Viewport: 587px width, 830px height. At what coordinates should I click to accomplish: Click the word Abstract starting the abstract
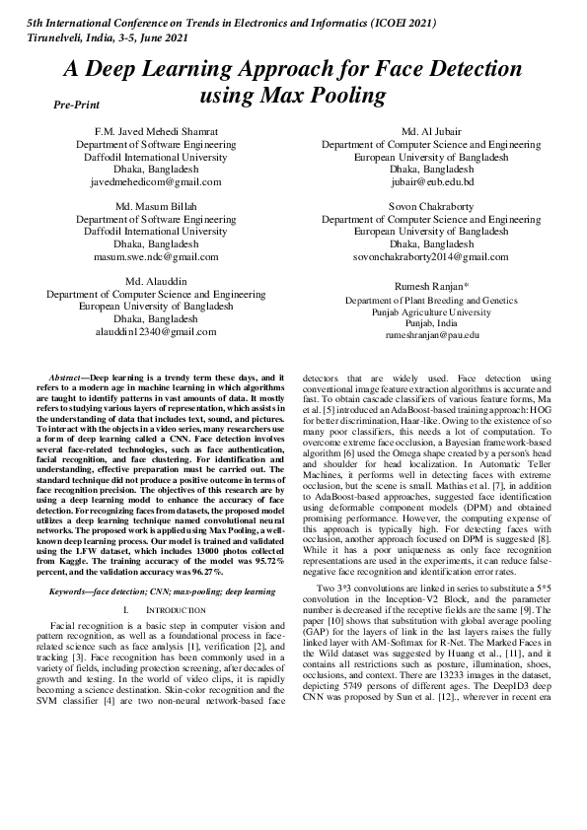pyautogui.click(x=67, y=378)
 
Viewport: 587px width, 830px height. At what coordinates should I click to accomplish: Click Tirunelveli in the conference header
pyautogui.click(x=42, y=35)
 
